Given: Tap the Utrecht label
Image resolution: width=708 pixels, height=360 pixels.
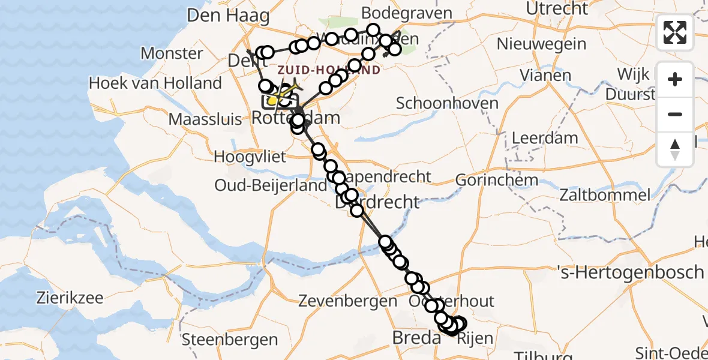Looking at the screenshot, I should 557,8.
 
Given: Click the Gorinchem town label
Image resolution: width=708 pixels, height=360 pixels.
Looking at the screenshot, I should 488,179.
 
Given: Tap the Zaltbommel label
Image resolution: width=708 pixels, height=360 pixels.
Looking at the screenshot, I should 604,194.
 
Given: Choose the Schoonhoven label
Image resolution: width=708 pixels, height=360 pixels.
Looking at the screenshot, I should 447,103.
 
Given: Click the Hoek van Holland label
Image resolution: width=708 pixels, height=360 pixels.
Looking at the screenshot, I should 155,83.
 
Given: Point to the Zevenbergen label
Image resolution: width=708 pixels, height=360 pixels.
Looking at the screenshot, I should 347,300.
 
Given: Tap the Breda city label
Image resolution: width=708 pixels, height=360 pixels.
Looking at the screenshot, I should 417,337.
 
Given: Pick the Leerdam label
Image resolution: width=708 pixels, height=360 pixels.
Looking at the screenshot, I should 545,138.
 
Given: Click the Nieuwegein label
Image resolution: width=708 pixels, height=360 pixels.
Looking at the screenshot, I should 541,43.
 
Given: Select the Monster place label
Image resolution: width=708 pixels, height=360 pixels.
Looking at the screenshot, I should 172,53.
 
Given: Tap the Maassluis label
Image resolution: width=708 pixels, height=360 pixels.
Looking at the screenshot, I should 206,119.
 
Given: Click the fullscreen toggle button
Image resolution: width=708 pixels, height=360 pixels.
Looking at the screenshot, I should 675,32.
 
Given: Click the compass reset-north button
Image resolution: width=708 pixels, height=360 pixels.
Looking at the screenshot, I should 675,149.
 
